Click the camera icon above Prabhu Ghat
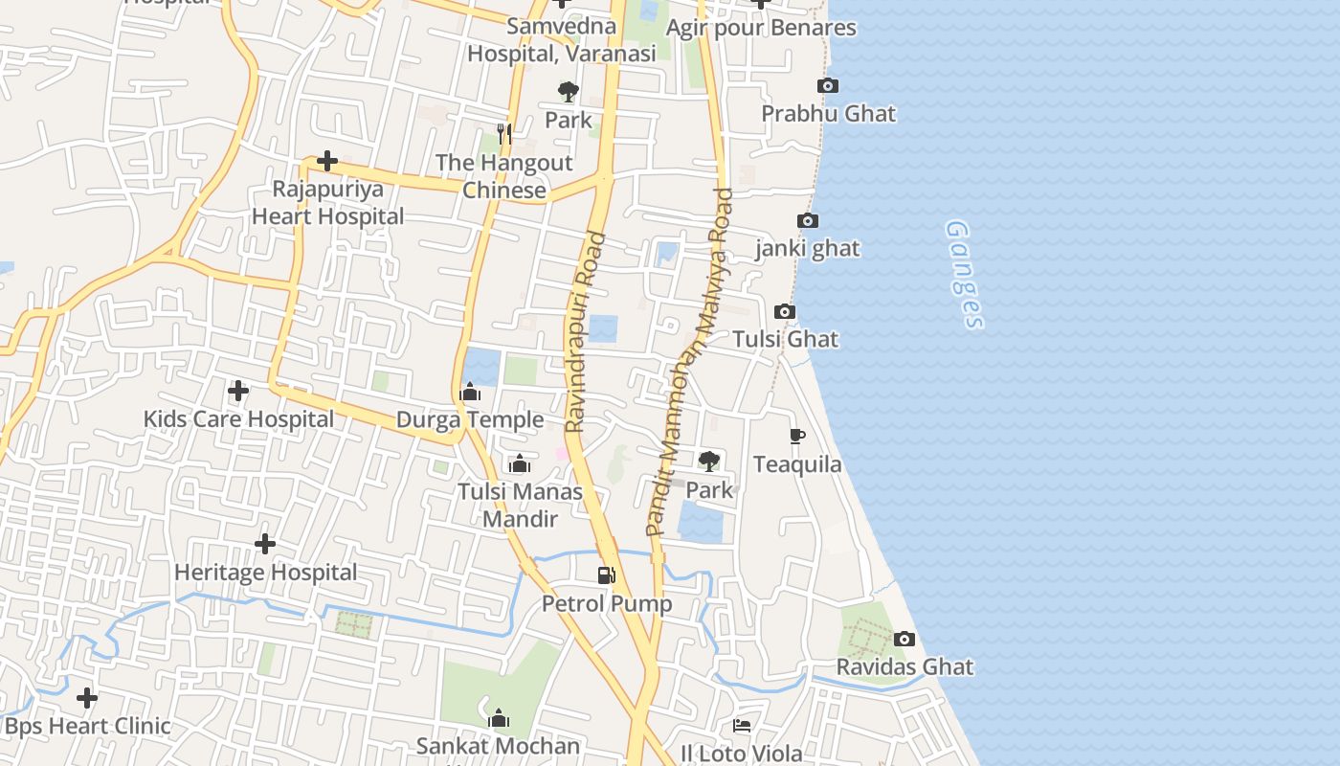coord(828,86)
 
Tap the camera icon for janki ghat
coord(808,221)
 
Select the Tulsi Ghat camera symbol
coord(785,312)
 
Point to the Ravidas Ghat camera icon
coord(904,639)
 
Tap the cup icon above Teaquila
coord(797,437)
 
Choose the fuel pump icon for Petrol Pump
coord(607,574)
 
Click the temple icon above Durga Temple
coord(470,392)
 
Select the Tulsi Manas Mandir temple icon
coord(520,464)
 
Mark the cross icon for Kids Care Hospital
coord(238,391)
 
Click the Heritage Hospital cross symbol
coord(265,544)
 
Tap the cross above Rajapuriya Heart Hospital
coord(327,161)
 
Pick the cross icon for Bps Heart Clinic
coord(87,698)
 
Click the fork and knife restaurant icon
coord(504,134)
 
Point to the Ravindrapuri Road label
coord(585,332)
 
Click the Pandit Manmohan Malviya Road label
coord(689,362)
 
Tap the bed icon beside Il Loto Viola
coord(742,726)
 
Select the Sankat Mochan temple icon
coord(499,718)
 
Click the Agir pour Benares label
coord(761,28)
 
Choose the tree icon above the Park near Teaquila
coord(709,462)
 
